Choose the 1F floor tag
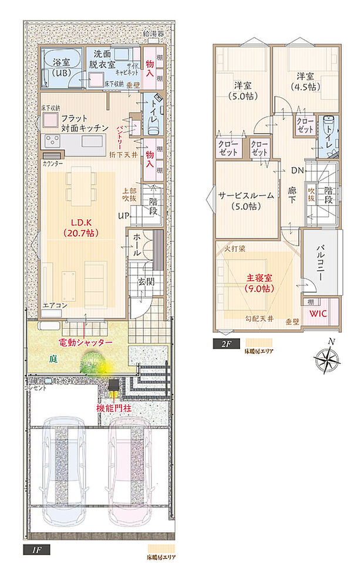tap(36, 550)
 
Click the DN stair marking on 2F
tap(297, 172)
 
